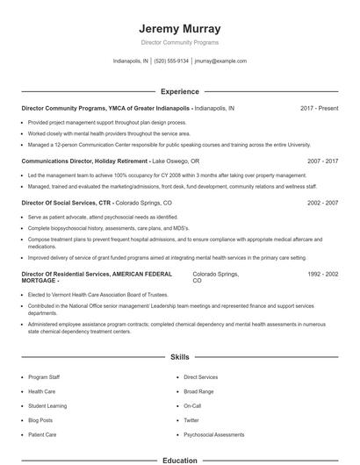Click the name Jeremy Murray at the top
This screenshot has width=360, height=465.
point(179,28)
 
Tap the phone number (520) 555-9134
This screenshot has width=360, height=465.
point(171,61)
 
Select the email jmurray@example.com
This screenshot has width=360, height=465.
point(220,61)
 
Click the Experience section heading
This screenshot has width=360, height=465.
point(179,91)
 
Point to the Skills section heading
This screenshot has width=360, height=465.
point(179,358)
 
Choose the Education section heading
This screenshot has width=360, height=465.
point(179,460)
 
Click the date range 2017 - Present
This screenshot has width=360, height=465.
point(319,108)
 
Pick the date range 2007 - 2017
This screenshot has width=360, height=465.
point(322,161)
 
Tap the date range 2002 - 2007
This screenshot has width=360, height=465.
point(322,203)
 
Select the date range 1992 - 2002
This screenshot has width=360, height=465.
point(322,274)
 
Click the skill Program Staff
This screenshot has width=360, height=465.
point(45,377)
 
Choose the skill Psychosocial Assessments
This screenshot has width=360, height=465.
point(214,434)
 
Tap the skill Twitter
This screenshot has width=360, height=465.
point(191,420)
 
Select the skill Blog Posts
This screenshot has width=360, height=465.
point(40,420)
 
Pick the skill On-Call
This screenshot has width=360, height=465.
point(192,406)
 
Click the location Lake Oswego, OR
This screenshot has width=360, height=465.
point(176,161)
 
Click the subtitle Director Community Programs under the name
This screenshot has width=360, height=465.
point(179,42)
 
